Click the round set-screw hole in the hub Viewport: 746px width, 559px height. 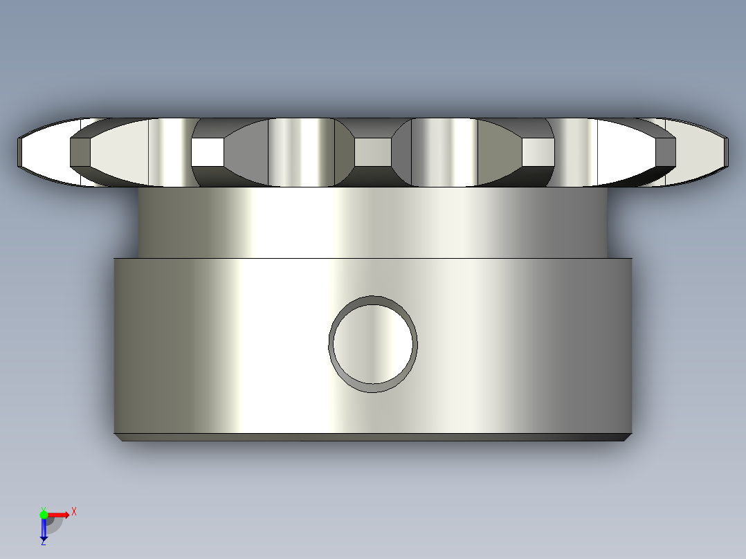point(373,344)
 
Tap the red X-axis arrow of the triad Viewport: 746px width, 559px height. point(59,515)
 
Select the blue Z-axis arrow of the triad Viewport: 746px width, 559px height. point(44,530)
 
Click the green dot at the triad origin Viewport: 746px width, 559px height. point(44,514)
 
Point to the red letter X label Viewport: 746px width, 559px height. point(74,512)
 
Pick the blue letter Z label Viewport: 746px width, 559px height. point(43,543)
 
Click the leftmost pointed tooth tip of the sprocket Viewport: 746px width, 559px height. point(18,152)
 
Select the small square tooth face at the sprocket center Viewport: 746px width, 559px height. point(373,152)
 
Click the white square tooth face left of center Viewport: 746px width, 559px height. point(207,152)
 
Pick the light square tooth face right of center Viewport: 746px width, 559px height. point(538,152)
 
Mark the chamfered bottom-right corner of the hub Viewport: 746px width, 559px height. point(628,437)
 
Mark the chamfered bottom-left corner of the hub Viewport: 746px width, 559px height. point(118,437)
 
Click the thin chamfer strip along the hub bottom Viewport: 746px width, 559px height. point(373,437)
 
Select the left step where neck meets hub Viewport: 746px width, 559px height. point(126,257)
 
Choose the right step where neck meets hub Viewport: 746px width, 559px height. point(620,257)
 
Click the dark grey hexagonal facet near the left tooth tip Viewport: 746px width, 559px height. point(80,152)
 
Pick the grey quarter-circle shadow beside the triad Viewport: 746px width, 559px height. point(55,525)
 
